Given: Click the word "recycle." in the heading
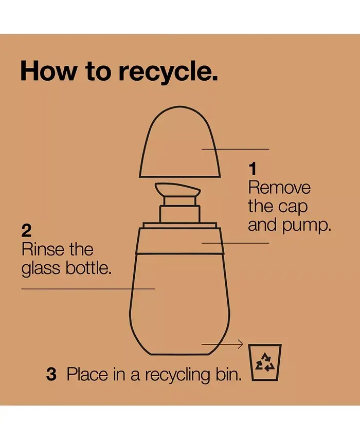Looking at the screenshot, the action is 168,72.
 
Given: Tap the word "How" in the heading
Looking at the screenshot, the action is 48,71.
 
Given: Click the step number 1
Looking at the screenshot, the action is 253,169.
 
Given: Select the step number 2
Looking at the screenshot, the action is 26,231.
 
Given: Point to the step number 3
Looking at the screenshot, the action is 51,374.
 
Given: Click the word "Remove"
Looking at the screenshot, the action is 279,188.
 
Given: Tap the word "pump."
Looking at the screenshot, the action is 307,226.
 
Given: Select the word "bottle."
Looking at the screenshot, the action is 88,268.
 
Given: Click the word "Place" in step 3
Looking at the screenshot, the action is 87,374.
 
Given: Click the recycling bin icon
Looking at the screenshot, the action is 265,362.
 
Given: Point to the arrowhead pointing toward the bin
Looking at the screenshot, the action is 240,344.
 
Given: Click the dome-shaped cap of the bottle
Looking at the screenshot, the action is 179,142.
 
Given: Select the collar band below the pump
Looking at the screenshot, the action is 179,241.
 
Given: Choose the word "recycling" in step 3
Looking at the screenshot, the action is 177,375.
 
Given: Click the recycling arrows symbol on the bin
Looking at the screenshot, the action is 265,362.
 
